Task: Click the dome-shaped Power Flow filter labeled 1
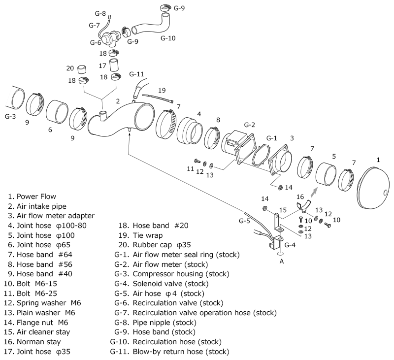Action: pos(373,187)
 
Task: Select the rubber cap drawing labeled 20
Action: pos(81,69)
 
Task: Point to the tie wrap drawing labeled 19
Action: pos(158,98)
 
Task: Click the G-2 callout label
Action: pos(250,125)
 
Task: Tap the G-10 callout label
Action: pos(168,38)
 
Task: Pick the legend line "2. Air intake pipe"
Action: pos(37,206)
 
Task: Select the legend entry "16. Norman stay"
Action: pos(33,342)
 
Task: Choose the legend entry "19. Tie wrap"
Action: pos(140,235)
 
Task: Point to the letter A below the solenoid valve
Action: pos(282,262)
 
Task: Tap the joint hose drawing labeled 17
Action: pos(114,65)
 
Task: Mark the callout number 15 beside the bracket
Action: pos(283,210)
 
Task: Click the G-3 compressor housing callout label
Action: pos(10,116)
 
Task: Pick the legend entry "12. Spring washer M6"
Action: pos(42,303)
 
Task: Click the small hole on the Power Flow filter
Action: pos(386,193)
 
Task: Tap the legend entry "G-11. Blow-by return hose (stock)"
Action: pos(169,352)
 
